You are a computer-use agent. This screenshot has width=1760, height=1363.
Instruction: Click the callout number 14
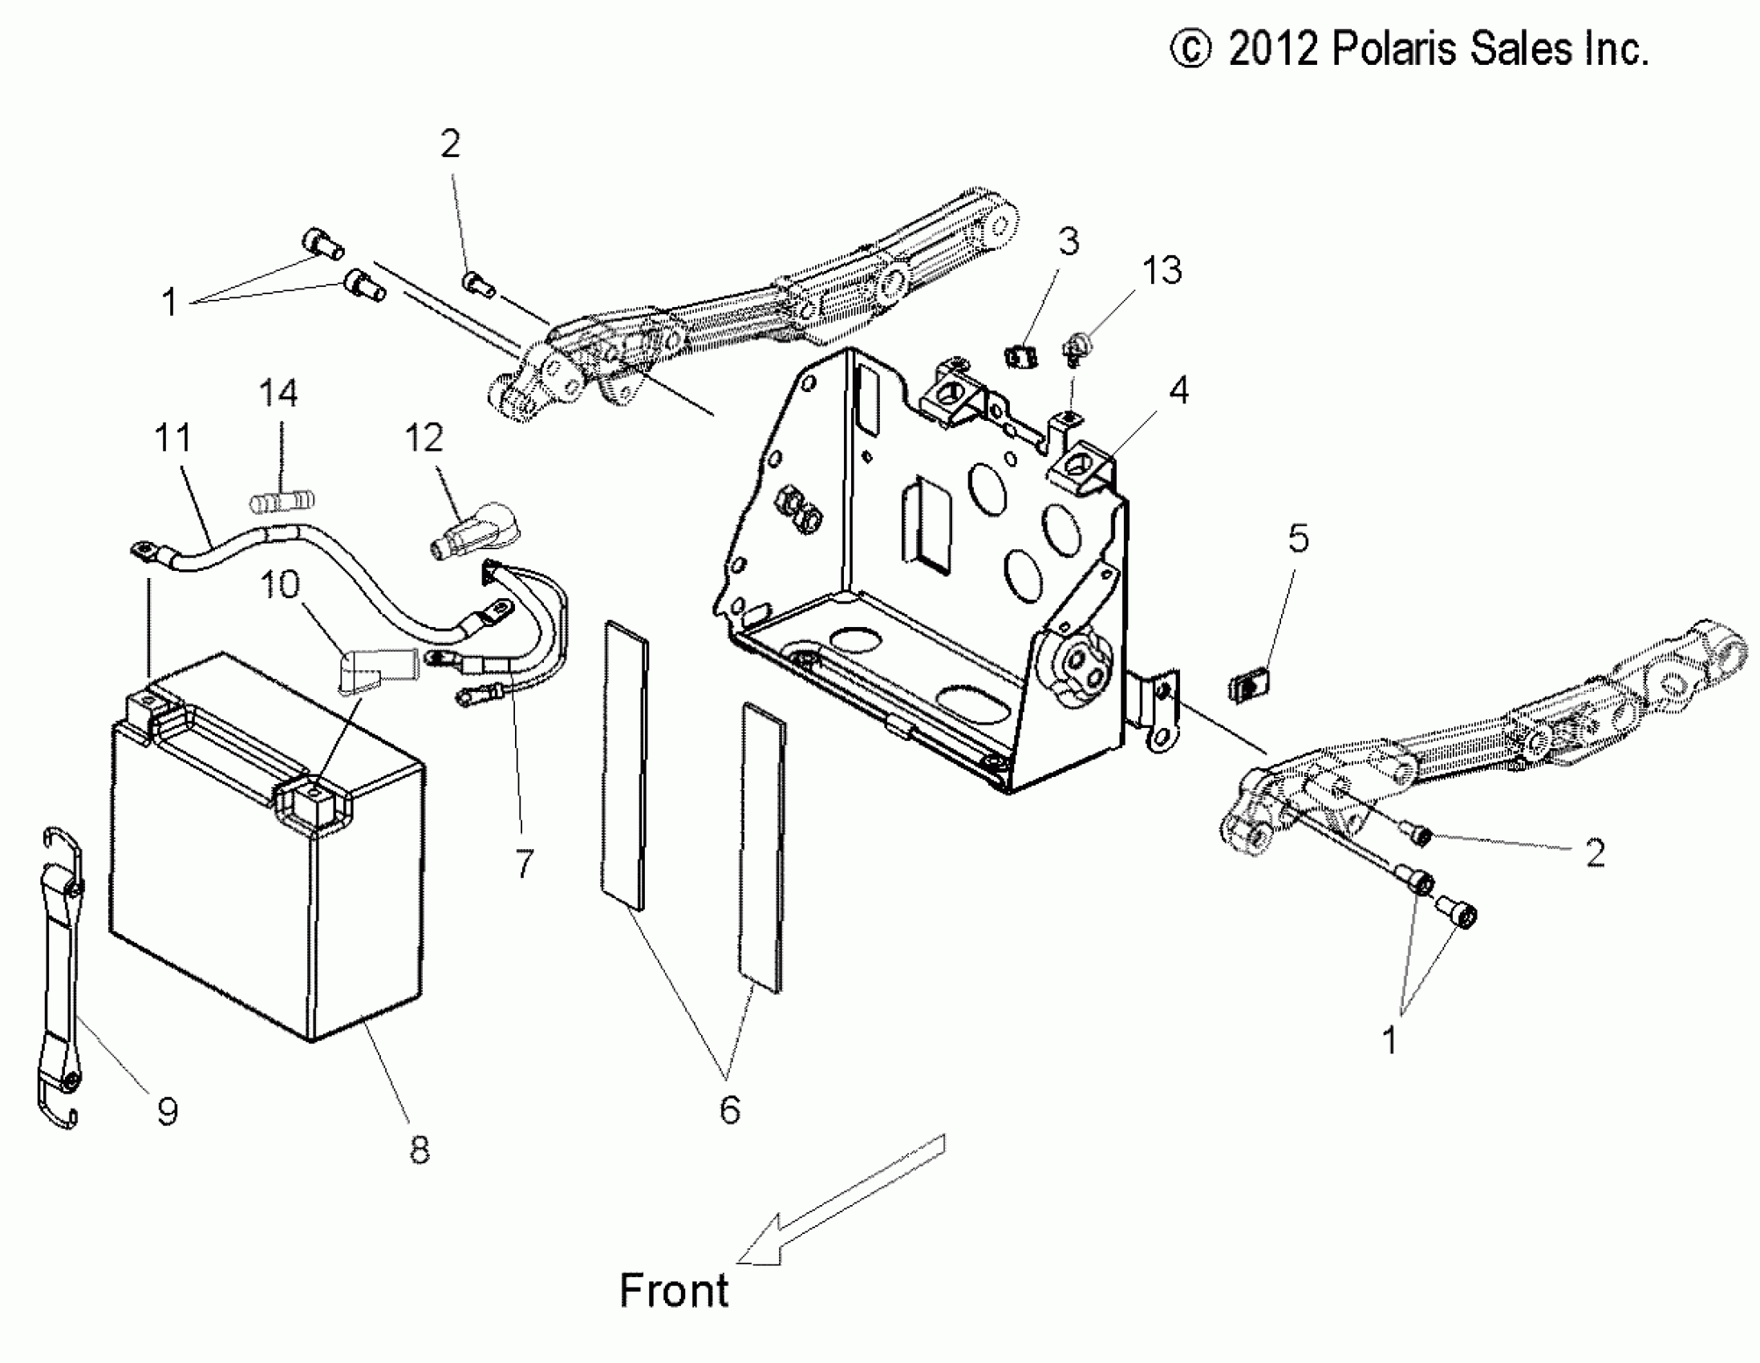coord(278,393)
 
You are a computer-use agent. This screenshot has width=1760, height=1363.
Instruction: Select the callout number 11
coord(173,439)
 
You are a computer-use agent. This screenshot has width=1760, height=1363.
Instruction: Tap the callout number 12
coord(424,439)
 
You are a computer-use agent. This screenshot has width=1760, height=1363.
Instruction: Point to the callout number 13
coord(1162,271)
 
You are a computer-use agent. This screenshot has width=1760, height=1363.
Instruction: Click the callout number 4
coord(1179,390)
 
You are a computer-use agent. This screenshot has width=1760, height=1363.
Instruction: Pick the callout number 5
coord(1298,538)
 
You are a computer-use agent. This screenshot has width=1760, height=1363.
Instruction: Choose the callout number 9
coord(167,1112)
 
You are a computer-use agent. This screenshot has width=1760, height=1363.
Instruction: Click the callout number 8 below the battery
coord(419,1150)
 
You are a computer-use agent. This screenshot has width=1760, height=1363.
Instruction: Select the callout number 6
coord(729,1110)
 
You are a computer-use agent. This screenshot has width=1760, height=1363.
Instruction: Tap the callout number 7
coord(525,864)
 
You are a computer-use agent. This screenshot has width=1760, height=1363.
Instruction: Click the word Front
coord(674,1290)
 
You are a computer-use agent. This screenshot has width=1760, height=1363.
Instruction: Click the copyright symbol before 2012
coord(1190,49)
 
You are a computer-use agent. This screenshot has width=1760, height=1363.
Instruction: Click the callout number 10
coord(280,584)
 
